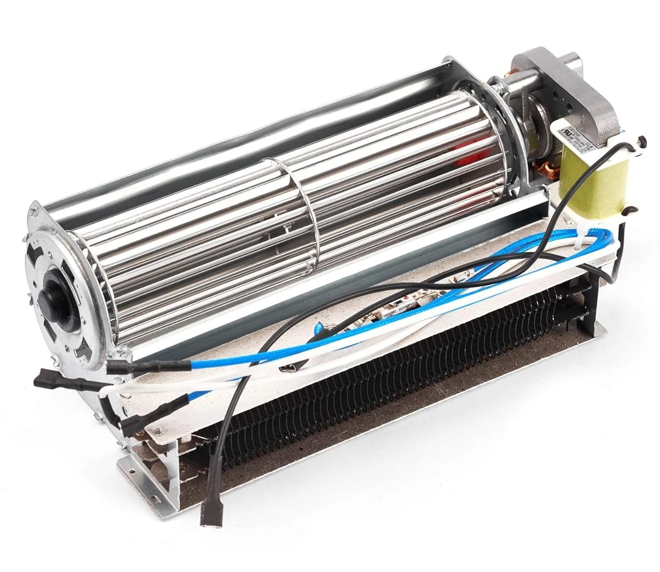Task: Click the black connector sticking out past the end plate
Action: [x=46, y=379]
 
